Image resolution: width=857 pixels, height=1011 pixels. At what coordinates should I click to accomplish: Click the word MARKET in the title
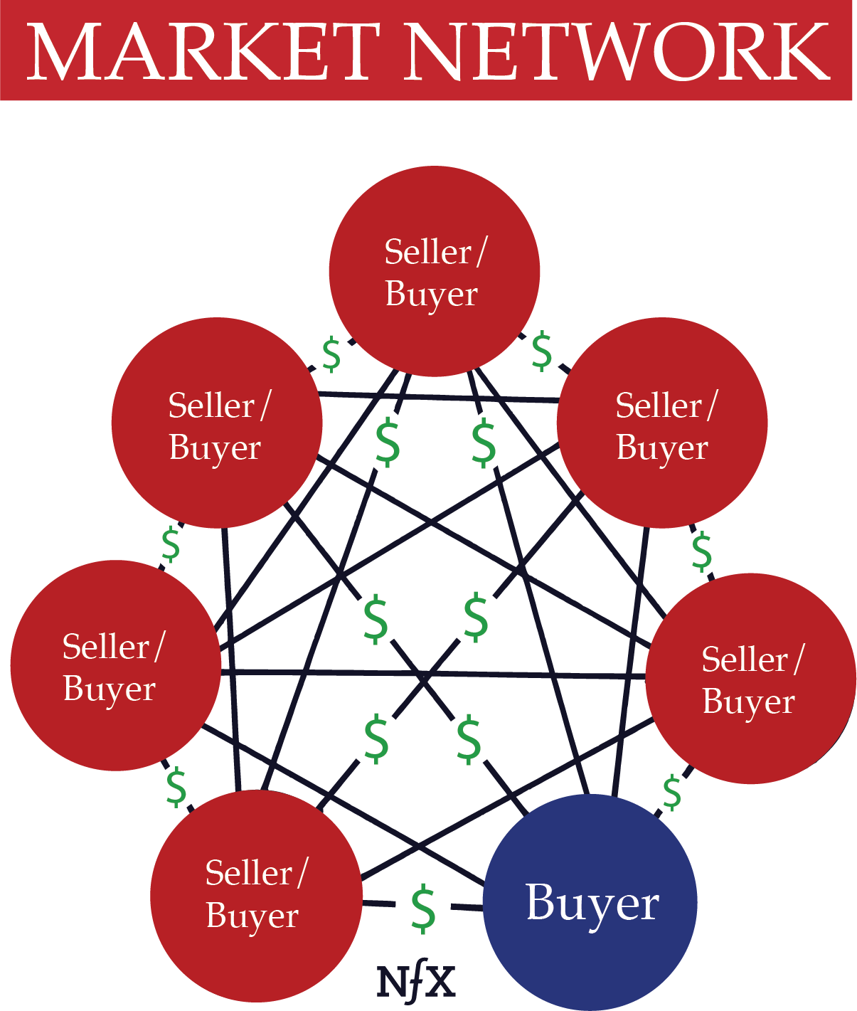[x=202, y=52]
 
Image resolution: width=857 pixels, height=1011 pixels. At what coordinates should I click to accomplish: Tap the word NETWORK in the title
[x=617, y=52]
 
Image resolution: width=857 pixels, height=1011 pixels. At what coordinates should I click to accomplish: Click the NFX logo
[x=416, y=982]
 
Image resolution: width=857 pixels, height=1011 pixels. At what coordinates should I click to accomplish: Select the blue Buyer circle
[x=590, y=902]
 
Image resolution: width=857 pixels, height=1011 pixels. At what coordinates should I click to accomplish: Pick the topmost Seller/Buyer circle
[x=434, y=271]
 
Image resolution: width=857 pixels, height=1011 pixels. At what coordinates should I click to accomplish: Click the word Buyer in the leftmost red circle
[x=109, y=689]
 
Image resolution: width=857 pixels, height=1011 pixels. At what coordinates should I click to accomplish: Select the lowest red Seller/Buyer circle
[x=256, y=895]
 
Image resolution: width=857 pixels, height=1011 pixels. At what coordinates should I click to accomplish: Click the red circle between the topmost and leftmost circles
[x=217, y=423]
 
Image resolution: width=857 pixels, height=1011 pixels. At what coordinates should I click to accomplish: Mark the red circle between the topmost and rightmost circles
[x=661, y=423]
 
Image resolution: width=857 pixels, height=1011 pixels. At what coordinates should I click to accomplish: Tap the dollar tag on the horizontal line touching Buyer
[x=423, y=907]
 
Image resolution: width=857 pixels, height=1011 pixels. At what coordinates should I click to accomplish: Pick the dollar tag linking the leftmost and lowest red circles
[x=176, y=787]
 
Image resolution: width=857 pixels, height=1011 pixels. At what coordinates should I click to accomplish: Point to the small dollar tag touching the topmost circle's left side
[x=332, y=355]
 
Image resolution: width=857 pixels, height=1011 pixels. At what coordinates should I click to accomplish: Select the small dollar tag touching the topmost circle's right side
[x=542, y=351]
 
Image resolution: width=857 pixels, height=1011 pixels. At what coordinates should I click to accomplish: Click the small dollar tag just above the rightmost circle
[x=702, y=551]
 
